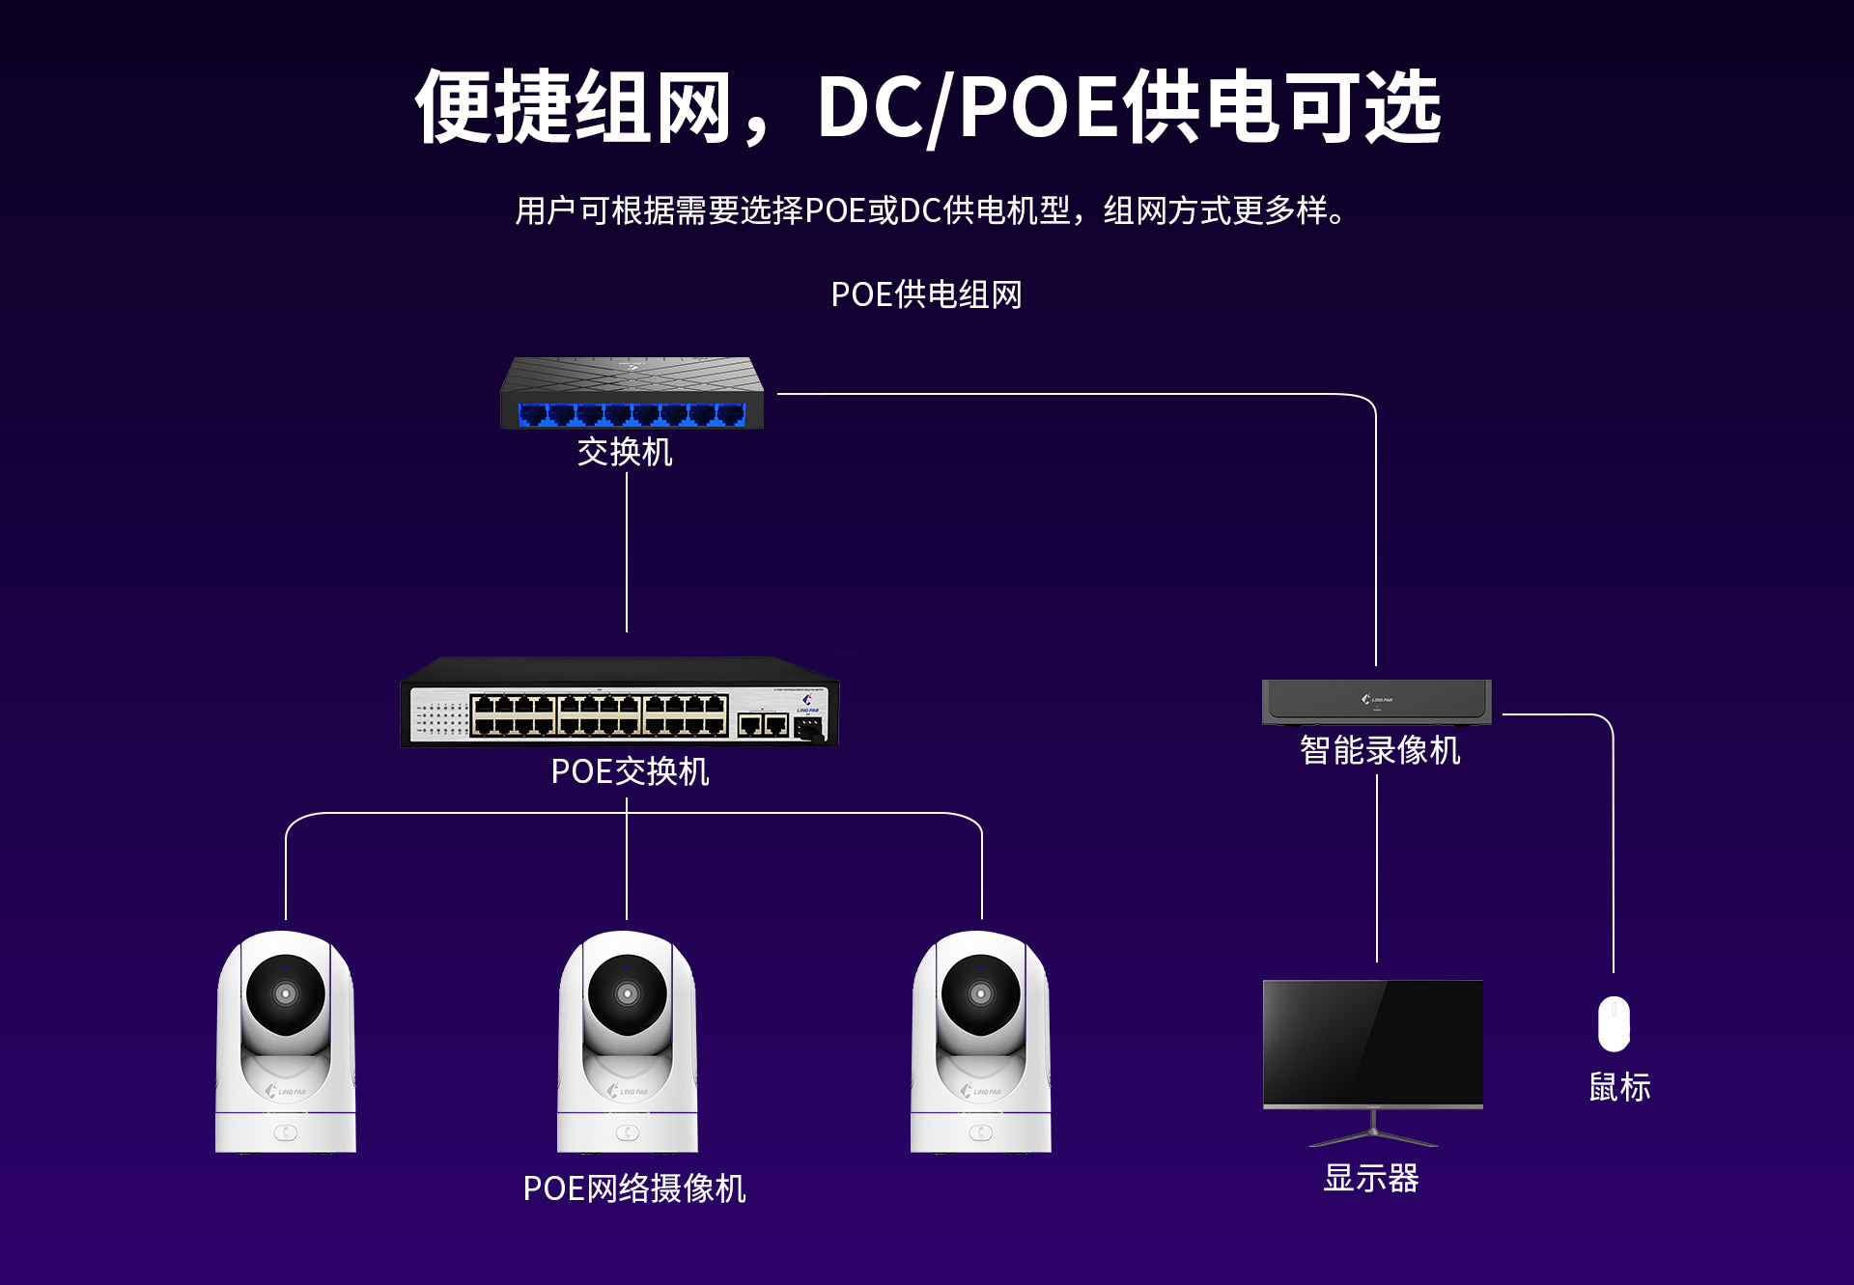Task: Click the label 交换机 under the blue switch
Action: coord(625,452)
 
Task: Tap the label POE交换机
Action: coord(630,771)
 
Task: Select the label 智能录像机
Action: coord(1380,750)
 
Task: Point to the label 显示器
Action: coord(1371,1178)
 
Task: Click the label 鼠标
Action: coord(1620,1087)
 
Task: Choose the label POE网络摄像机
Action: coord(634,1188)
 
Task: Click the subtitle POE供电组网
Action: coord(926,294)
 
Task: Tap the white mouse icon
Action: coord(1614,1023)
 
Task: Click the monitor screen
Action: coord(1373,1043)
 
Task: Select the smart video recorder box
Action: coord(1377,702)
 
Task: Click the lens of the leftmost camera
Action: coord(286,993)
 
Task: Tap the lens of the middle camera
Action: coord(628,993)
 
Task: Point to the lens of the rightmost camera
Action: coord(981,993)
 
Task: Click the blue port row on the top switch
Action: coord(632,415)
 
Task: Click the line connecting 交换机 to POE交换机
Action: coord(627,552)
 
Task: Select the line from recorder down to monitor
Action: coord(1377,868)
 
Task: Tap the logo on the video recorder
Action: coord(1377,699)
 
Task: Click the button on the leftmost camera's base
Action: coord(286,1132)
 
